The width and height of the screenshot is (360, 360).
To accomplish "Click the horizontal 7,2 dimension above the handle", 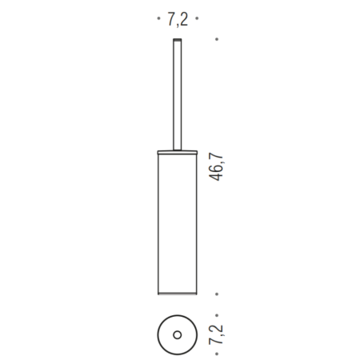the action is [x=178, y=19].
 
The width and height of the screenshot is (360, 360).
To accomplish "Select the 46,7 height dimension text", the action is [x=216, y=166].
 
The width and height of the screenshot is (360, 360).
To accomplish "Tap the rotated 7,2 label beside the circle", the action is [x=216, y=334].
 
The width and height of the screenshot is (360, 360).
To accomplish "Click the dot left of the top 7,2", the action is [x=158, y=18].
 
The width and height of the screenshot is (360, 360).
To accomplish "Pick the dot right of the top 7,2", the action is [x=197, y=18].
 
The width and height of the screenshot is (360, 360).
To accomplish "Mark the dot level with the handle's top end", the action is [x=217, y=39].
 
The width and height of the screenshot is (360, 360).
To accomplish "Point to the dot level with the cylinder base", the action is [x=217, y=294].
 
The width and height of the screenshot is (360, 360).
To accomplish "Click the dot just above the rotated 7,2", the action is [x=217, y=315].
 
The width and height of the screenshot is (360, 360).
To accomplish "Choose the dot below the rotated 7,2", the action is [x=217, y=354].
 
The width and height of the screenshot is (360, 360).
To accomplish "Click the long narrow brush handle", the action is [x=178, y=94].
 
